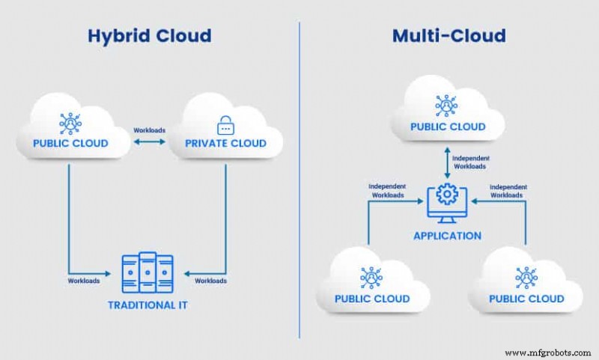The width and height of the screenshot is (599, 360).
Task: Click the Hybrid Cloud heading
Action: [x=150, y=35]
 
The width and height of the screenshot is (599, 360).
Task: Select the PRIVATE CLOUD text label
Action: [x=225, y=143]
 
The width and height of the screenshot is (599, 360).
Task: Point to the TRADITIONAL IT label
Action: [x=148, y=305]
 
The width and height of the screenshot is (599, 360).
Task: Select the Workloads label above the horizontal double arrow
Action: [x=149, y=130]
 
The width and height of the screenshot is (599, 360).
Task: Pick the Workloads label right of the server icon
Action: [x=210, y=281]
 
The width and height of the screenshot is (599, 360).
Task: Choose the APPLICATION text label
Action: [x=447, y=235]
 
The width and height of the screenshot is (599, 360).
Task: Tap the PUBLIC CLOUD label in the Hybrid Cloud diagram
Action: [x=71, y=143]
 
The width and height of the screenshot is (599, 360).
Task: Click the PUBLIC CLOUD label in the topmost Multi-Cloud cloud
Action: [x=447, y=126]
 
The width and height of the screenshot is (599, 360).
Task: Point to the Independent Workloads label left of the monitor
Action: [x=387, y=191]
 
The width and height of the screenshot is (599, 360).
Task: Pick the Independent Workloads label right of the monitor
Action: [x=508, y=191]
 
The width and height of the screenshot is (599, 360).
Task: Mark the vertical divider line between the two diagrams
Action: [x=299, y=180]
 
